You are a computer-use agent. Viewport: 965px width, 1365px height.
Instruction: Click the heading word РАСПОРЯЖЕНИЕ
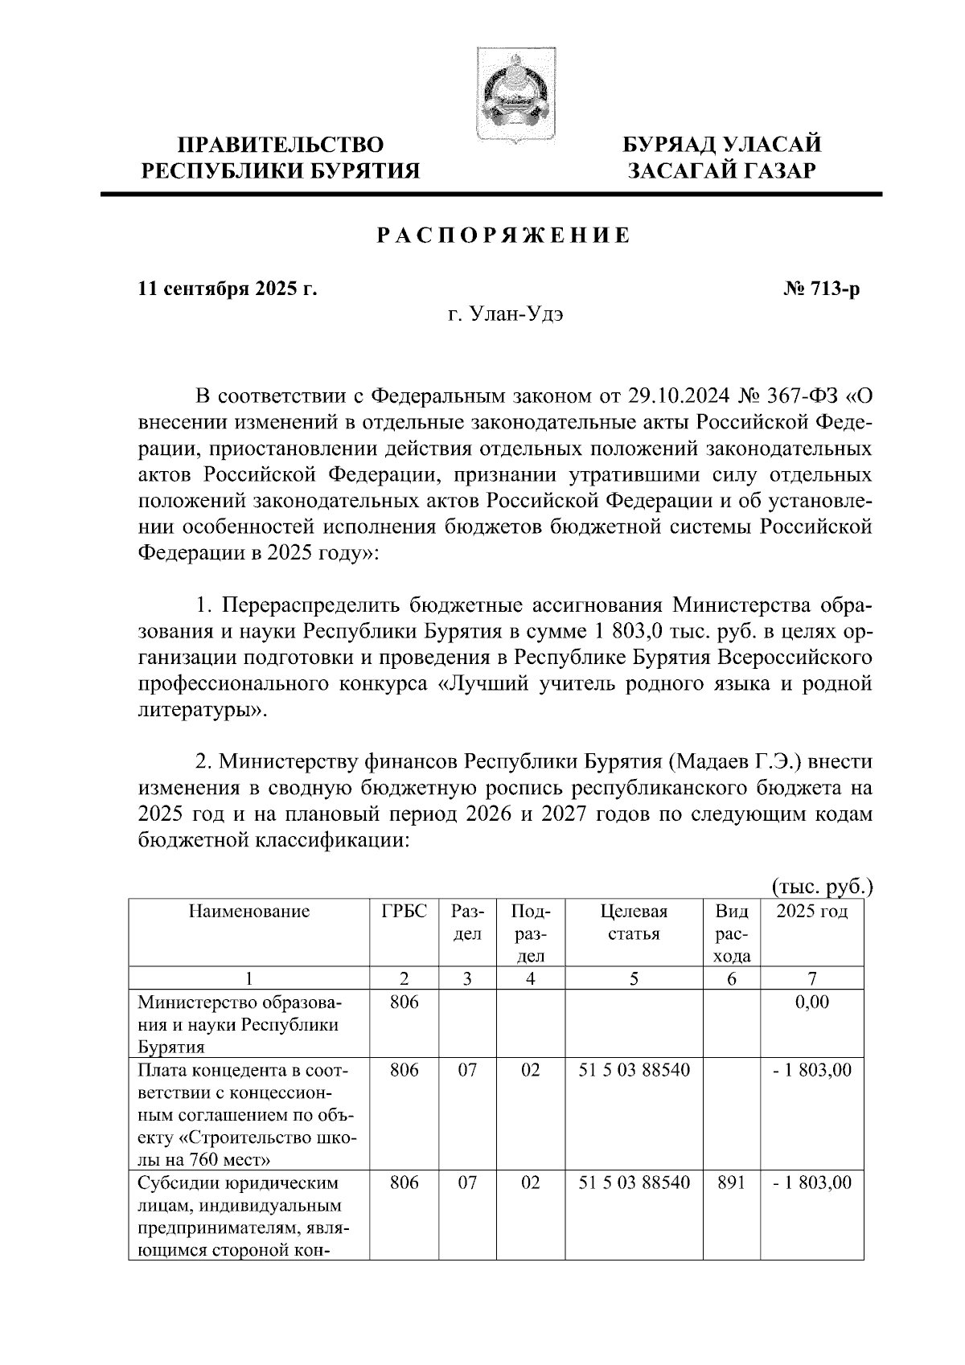point(504,236)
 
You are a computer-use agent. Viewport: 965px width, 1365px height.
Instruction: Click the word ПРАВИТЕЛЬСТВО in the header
point(281,146)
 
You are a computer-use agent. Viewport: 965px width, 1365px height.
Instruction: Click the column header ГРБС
point(404,912)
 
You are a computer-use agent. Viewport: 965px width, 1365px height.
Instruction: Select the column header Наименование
point(249,912)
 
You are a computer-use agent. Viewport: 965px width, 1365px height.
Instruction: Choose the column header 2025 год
point(811,912)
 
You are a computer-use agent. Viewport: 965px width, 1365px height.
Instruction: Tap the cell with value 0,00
point(812,1002)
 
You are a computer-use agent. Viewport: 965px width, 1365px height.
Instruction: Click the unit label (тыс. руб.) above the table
point(822,887)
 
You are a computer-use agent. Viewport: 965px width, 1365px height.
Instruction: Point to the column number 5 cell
point(634,978)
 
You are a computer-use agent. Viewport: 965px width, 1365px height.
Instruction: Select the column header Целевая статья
point(634,923)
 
